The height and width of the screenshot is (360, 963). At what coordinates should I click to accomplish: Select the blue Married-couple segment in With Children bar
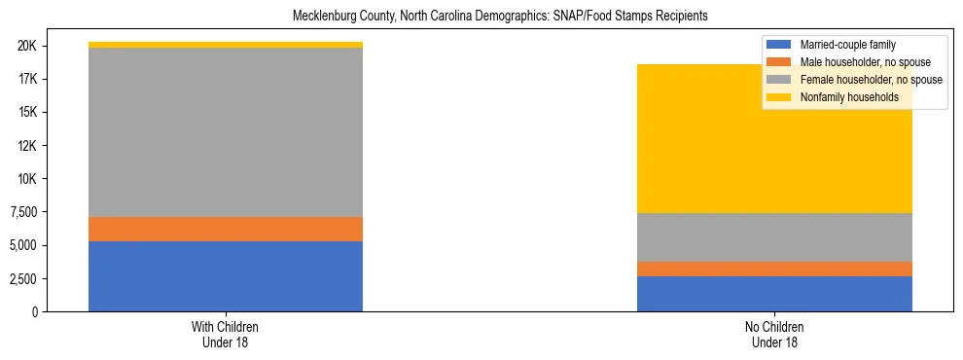[226, 276]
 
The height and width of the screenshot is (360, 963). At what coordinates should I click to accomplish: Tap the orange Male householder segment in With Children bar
[226, 229]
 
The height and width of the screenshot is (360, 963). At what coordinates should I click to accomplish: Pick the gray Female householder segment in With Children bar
[226, 132]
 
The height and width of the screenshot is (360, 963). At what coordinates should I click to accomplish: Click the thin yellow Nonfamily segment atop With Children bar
[226, 45]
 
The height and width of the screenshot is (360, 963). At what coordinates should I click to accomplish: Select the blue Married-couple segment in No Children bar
[774, 294]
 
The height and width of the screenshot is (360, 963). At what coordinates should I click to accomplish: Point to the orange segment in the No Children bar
[774, 269]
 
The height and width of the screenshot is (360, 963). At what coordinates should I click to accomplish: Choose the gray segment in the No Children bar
[774, 237]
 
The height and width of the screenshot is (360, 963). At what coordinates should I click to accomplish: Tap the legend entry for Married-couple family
[846, 45]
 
